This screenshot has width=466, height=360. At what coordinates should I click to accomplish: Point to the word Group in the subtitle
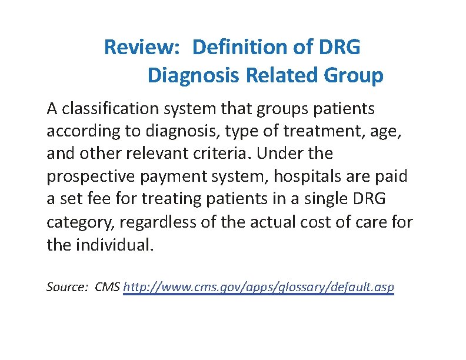(x=355, y=75)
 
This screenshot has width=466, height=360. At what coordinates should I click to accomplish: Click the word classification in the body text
(x=112, y=109)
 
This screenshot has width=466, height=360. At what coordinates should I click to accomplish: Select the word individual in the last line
(x=114, y=244)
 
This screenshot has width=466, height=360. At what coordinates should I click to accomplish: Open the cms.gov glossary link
(x=259, y=288)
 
